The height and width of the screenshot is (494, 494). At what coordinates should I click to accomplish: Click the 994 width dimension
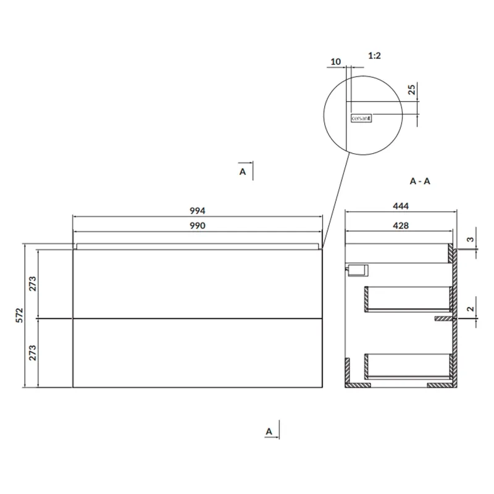pyautogui.click(x=198, y=211)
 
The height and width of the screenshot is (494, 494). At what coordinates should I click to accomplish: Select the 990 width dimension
pyautogui.click(x=198, y=225)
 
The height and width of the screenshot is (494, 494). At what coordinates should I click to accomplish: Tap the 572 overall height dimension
pyautogui.click(x=20, y=315)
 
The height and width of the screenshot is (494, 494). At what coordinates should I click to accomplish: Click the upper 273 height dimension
pyautogui.click(x=33, y=283)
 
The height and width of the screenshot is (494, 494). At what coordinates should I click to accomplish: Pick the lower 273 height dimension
pyautogui.click(x=33, y=353)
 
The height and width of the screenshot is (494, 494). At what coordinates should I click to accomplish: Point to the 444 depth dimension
pyautogui.click(x=401, y=206)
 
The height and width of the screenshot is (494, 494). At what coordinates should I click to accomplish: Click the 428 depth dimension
pyautogui.click(x=401, y=225)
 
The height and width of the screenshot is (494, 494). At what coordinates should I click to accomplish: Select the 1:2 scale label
pyautogui.click(x=375, y=56)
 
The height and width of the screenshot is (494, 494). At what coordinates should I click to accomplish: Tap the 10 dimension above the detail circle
pyautogui.click(x=335, y=62)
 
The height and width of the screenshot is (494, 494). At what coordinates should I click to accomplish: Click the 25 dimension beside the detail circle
pyautogui.click(x=412, y=90)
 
